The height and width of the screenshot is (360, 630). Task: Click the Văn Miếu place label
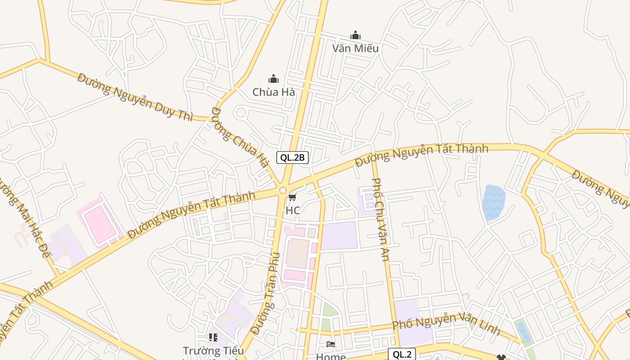click(x=355, y=48)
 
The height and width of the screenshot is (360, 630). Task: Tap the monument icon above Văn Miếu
click(x=355, y=36)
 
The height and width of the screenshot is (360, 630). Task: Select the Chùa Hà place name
click(x=274, y=92)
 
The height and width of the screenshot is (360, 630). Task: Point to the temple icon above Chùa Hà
click(x=274, y=79)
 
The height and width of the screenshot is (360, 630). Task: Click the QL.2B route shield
click(x=292, y=157)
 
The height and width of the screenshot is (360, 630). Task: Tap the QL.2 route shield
click(x=402, y=354)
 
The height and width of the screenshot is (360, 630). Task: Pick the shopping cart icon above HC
click(x=292, y=198)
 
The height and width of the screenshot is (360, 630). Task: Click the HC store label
click(x=292, y=210)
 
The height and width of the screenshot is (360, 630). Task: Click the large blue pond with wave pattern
click(x=493, y=202)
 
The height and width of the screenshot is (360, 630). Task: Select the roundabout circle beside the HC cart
click(x=283, y=191)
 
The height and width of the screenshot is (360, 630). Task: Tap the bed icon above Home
click(x=331, y=345)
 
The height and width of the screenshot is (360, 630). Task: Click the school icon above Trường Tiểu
click(x=213, y=337)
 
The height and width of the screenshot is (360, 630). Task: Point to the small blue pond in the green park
click(x=523, y=332)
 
